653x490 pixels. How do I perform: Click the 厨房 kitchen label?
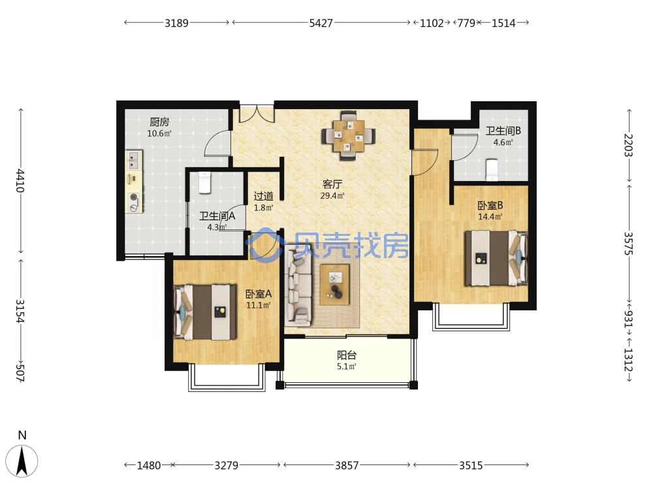click(159, 122)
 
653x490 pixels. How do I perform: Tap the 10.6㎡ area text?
click(159, 134)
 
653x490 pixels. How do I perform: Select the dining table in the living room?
click(348, 136)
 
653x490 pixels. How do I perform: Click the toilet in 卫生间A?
click(204, 182)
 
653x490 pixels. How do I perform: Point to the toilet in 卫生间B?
click(492, 170)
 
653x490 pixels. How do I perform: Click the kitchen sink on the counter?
click(134, 161)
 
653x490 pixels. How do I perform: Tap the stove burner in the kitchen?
click(134, 202)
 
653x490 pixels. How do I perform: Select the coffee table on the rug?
click(334, 285)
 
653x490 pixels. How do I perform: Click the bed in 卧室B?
click(496, 258)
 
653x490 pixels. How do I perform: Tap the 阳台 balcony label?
click(347, 355)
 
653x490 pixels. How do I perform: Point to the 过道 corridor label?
click(264, 196)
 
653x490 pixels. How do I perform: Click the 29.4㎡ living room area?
click(332, 195)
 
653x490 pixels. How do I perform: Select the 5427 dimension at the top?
click(321, 23)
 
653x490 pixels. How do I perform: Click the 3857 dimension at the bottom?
click(347, 465)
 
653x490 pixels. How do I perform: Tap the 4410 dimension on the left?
click(20, 180)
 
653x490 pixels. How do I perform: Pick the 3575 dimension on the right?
click(628, 244)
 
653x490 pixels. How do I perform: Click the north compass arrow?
click(22, 461)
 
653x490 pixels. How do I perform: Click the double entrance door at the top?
click(257, 113)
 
